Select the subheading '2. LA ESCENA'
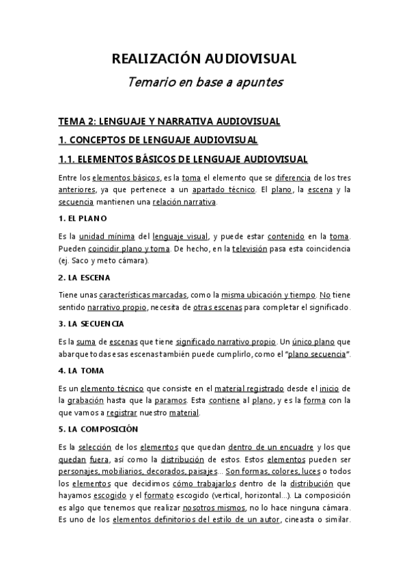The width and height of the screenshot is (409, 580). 85,278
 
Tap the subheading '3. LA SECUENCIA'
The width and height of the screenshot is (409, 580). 91,323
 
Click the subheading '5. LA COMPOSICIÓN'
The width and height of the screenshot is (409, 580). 98,429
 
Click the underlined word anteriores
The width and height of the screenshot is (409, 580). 77,189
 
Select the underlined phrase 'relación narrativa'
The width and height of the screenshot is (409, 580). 184,202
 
